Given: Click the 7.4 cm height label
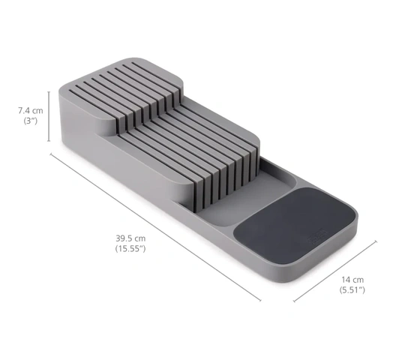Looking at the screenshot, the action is pyautogui.click(x=31, y=111).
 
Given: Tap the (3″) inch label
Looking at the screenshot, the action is pyautogui.click(x=31, y=121).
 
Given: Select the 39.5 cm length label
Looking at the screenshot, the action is pyautogui.click(x=130, y=238).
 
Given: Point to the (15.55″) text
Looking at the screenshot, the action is pyautogui.click(x=130, y=249).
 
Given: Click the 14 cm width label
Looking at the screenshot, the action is pyautogui.click(x=352, y=280).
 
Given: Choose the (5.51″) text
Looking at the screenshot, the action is pyautogui.click(x=352, y=290).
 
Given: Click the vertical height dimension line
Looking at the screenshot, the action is pyautogui.click(x=49, y=116).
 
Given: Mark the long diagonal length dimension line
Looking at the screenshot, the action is pyautogui.click(x=155, y=227).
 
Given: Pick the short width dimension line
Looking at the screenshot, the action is pyautogui.click(x=335, y=271).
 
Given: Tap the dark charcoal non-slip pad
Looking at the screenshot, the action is pyautogui.click(x=295, y=224).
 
